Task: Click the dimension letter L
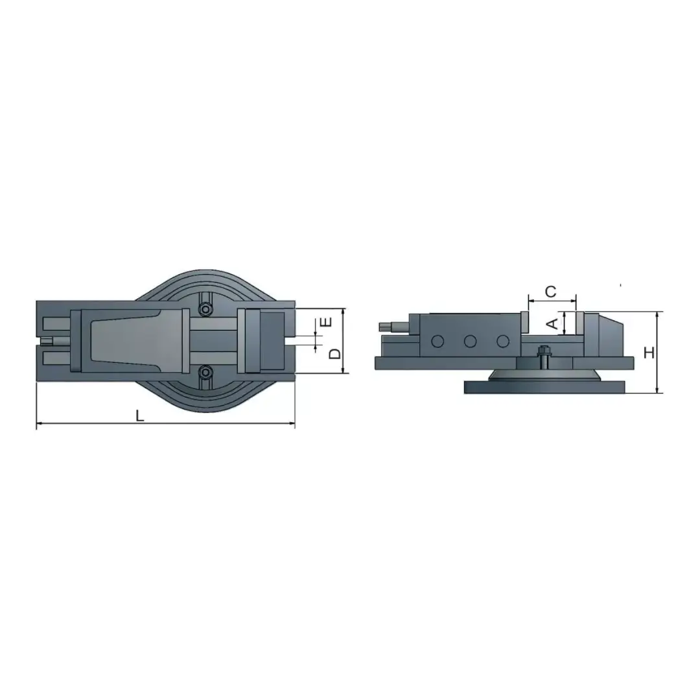pos(140,415)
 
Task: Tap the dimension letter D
pos(335,354)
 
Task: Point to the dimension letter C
pos(551,292)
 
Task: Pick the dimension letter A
pos(553,323)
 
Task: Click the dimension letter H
pos(649,353)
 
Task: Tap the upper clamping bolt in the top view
pos(205,309)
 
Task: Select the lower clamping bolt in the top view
pos(205,371)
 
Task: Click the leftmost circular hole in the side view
pos(437,342)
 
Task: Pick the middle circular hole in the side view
pos(470,342)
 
